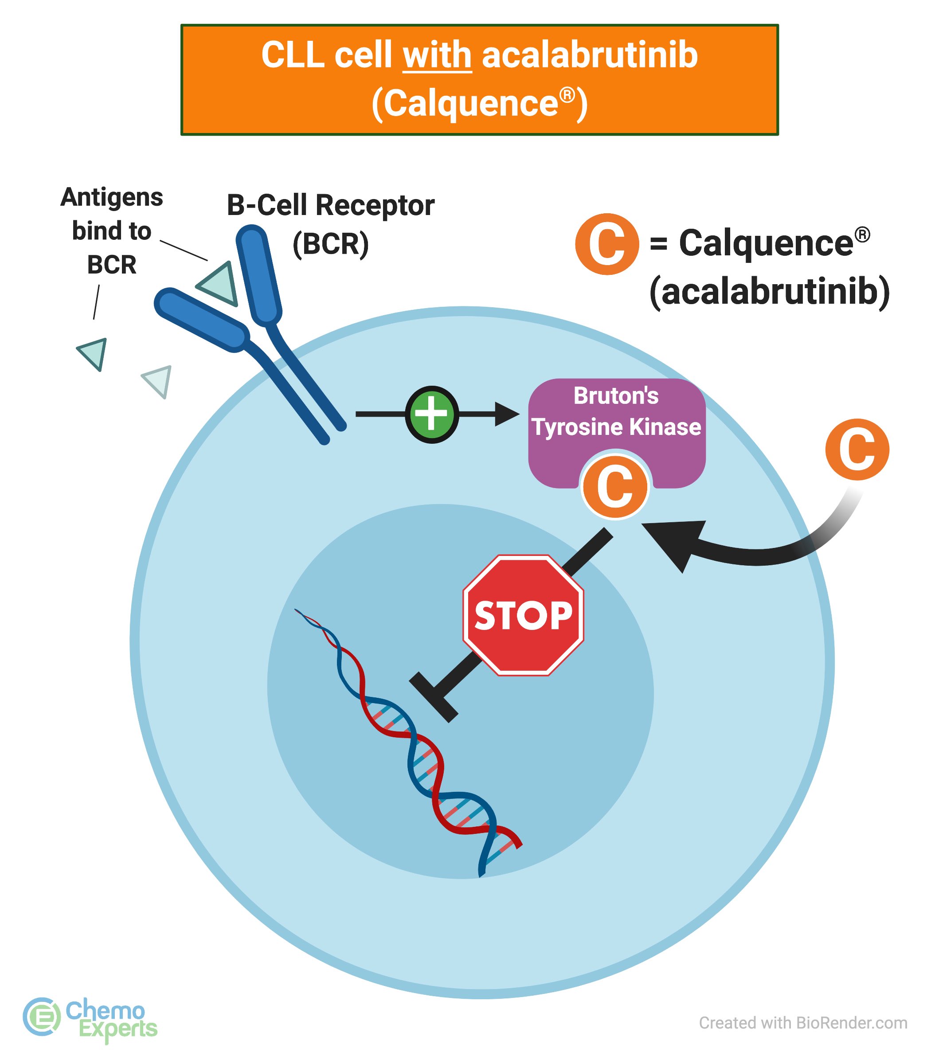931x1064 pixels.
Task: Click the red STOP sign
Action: coord(523,615)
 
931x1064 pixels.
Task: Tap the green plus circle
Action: coord(432,414)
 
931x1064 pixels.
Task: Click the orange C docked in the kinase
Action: coord(615,487)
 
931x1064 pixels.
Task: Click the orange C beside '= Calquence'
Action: coord(606,244)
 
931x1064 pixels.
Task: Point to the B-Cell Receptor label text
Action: coord(330,205)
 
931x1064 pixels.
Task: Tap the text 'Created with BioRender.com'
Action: coord(803,1022)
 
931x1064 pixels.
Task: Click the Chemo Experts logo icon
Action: coord(42,1016)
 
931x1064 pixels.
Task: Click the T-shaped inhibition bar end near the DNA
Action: coord(434,696)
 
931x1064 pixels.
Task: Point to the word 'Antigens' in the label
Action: coord(112,197)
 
